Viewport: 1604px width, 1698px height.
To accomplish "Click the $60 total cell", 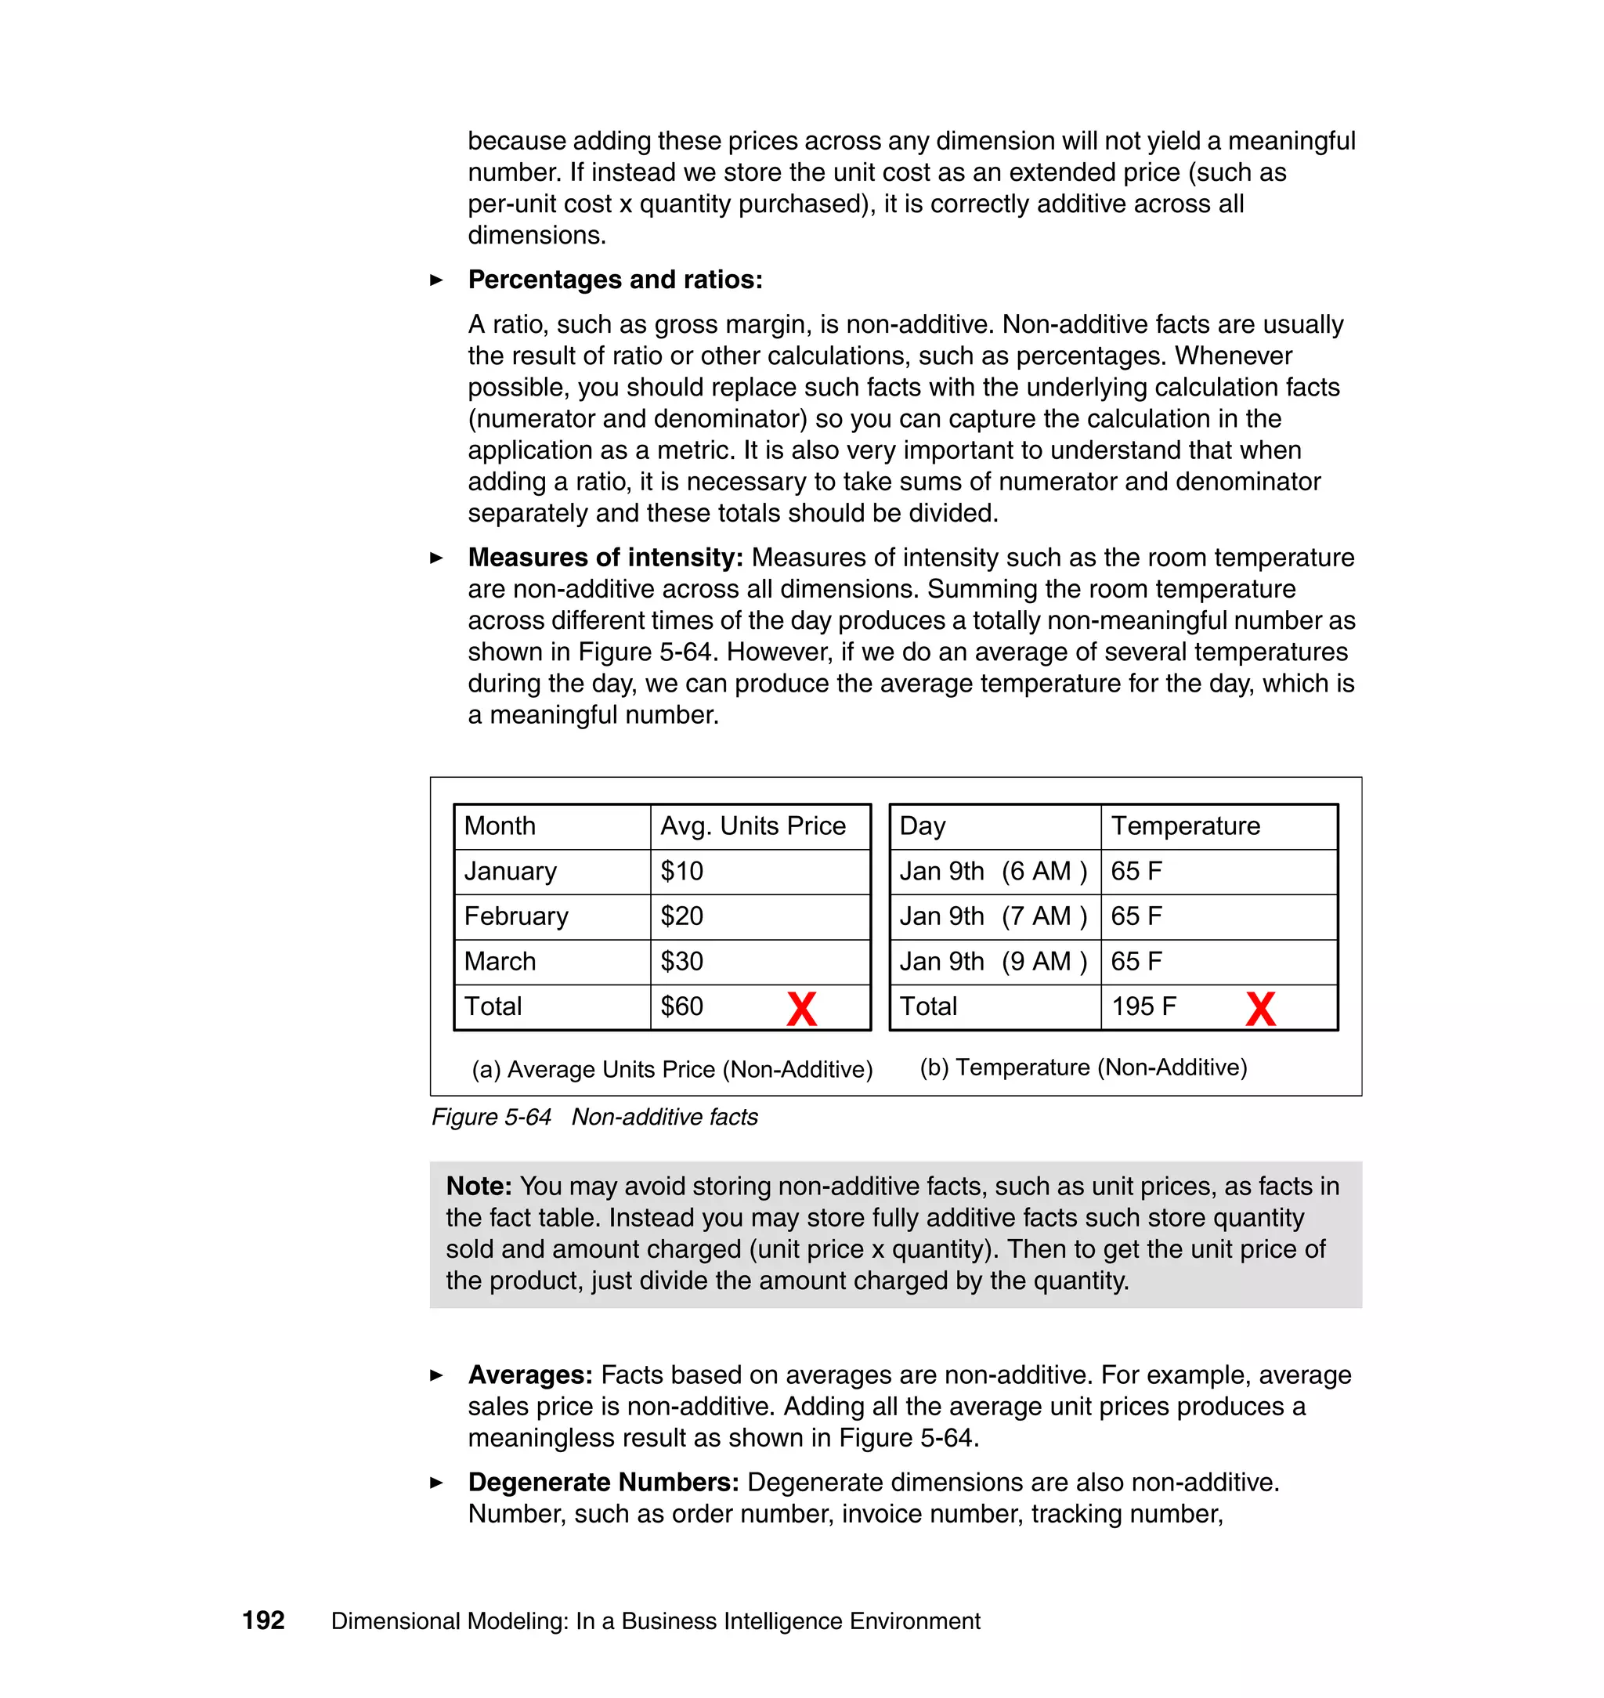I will click(681, 1006).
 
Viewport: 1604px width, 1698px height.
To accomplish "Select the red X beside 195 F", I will click(1260, 1009).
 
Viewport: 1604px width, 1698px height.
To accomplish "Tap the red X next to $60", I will click(801, 1009).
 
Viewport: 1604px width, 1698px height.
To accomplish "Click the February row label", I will click(515, 916).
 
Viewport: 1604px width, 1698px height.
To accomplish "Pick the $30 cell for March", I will click(681, 961).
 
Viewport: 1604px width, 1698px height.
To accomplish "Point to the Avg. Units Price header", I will click(753, 826).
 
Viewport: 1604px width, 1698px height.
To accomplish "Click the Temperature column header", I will click(1185, 826).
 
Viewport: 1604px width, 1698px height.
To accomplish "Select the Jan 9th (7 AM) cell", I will click(992, 916).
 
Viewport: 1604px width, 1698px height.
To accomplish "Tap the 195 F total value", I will click(1143, 1006).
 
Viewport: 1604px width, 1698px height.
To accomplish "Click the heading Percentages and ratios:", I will click(615, 280).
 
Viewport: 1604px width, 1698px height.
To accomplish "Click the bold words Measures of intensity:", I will click(605, 558).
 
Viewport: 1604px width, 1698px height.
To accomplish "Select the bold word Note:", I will click(479, 1186).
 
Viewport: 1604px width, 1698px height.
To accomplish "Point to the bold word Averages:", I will click(530, 1375).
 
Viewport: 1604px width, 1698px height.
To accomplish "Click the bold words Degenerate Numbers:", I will click(603, 1482).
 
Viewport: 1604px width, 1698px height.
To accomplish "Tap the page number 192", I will click(263, 1620).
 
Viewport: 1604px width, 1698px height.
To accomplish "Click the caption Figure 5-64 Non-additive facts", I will click(594, 1117).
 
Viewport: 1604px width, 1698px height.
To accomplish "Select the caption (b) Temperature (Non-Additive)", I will click(1083, 1067).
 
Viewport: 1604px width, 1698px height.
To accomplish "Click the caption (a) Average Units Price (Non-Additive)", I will click(672, 1070).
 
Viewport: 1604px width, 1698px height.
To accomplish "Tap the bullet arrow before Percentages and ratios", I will click(436, 280).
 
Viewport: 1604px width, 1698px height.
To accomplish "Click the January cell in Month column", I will click(510, 871).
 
